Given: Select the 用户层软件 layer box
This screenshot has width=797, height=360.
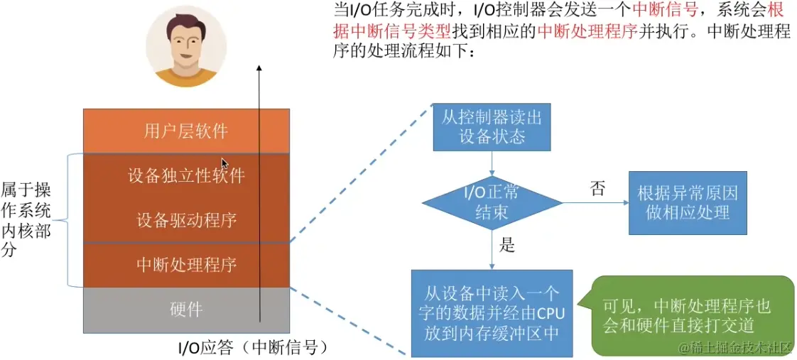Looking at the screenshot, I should click(x=186, y=131).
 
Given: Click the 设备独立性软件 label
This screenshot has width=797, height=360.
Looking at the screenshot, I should click(x=186, y=175).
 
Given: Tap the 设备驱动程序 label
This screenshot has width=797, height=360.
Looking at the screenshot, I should click(x=186, y=220).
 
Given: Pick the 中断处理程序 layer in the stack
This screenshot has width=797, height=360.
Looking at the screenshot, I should click(x=186, y=265).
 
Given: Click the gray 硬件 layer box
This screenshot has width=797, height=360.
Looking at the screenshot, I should click(x=186, y=310).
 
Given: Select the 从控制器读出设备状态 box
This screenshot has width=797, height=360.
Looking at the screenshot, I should click(x=492, y=127).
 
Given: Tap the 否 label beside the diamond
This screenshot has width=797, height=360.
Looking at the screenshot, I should click(x=598, y=188).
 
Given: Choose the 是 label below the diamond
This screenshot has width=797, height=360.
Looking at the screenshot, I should click(x=507, y=246).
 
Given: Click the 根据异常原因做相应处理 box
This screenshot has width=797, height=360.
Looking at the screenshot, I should click(x=687, y=202).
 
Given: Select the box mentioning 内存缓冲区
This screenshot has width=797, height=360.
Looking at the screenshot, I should click(x=492, y=313).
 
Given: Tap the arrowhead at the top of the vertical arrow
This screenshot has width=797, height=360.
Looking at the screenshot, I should click(x=260, y=69).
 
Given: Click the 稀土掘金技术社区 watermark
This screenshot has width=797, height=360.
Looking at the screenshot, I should click(x=739, y=347).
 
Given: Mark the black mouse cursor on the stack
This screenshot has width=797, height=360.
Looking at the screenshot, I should click(x=224, y=164).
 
